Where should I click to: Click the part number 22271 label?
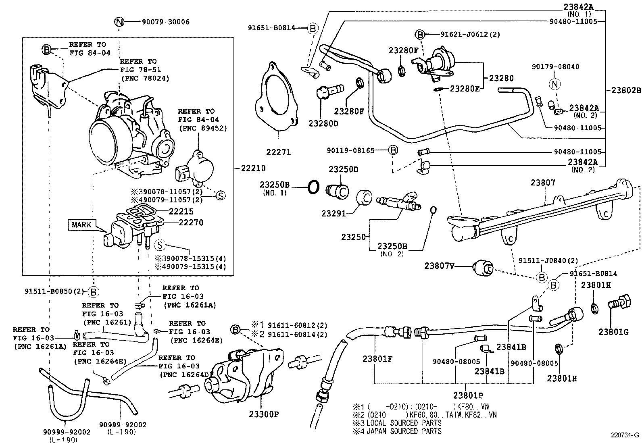point(278,152)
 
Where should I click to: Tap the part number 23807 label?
point(543,183)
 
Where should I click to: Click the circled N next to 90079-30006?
point(119,22)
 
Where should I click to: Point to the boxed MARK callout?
point(82,225)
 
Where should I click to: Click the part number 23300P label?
point(264,414)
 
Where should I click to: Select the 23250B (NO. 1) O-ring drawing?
point(314,187)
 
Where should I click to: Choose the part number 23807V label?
point(439,266)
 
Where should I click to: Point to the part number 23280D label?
point(323,123)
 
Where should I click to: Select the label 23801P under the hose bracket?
point(468,395)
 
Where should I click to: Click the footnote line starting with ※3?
point(397,423)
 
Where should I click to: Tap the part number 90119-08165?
point(351,150)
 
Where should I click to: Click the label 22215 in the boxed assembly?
point(181,211)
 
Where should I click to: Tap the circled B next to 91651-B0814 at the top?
point(313,28)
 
